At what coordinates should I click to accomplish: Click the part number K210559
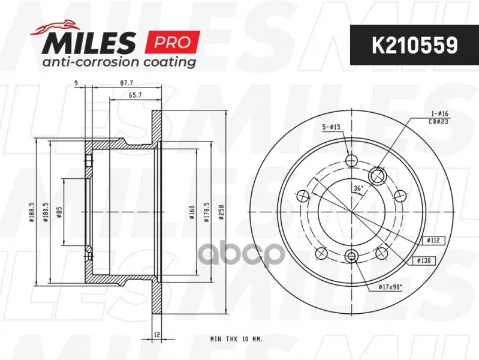(414, 45)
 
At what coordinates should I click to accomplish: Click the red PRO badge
(173, 42)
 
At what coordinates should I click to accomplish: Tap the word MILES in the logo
(89, 43)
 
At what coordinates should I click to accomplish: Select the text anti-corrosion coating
(119, 62)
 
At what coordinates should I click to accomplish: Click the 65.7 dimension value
(135, 95)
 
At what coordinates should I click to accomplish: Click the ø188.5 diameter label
(31, 212)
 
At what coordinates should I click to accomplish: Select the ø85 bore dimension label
(59, 212)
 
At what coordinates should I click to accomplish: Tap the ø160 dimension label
(192, 212)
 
